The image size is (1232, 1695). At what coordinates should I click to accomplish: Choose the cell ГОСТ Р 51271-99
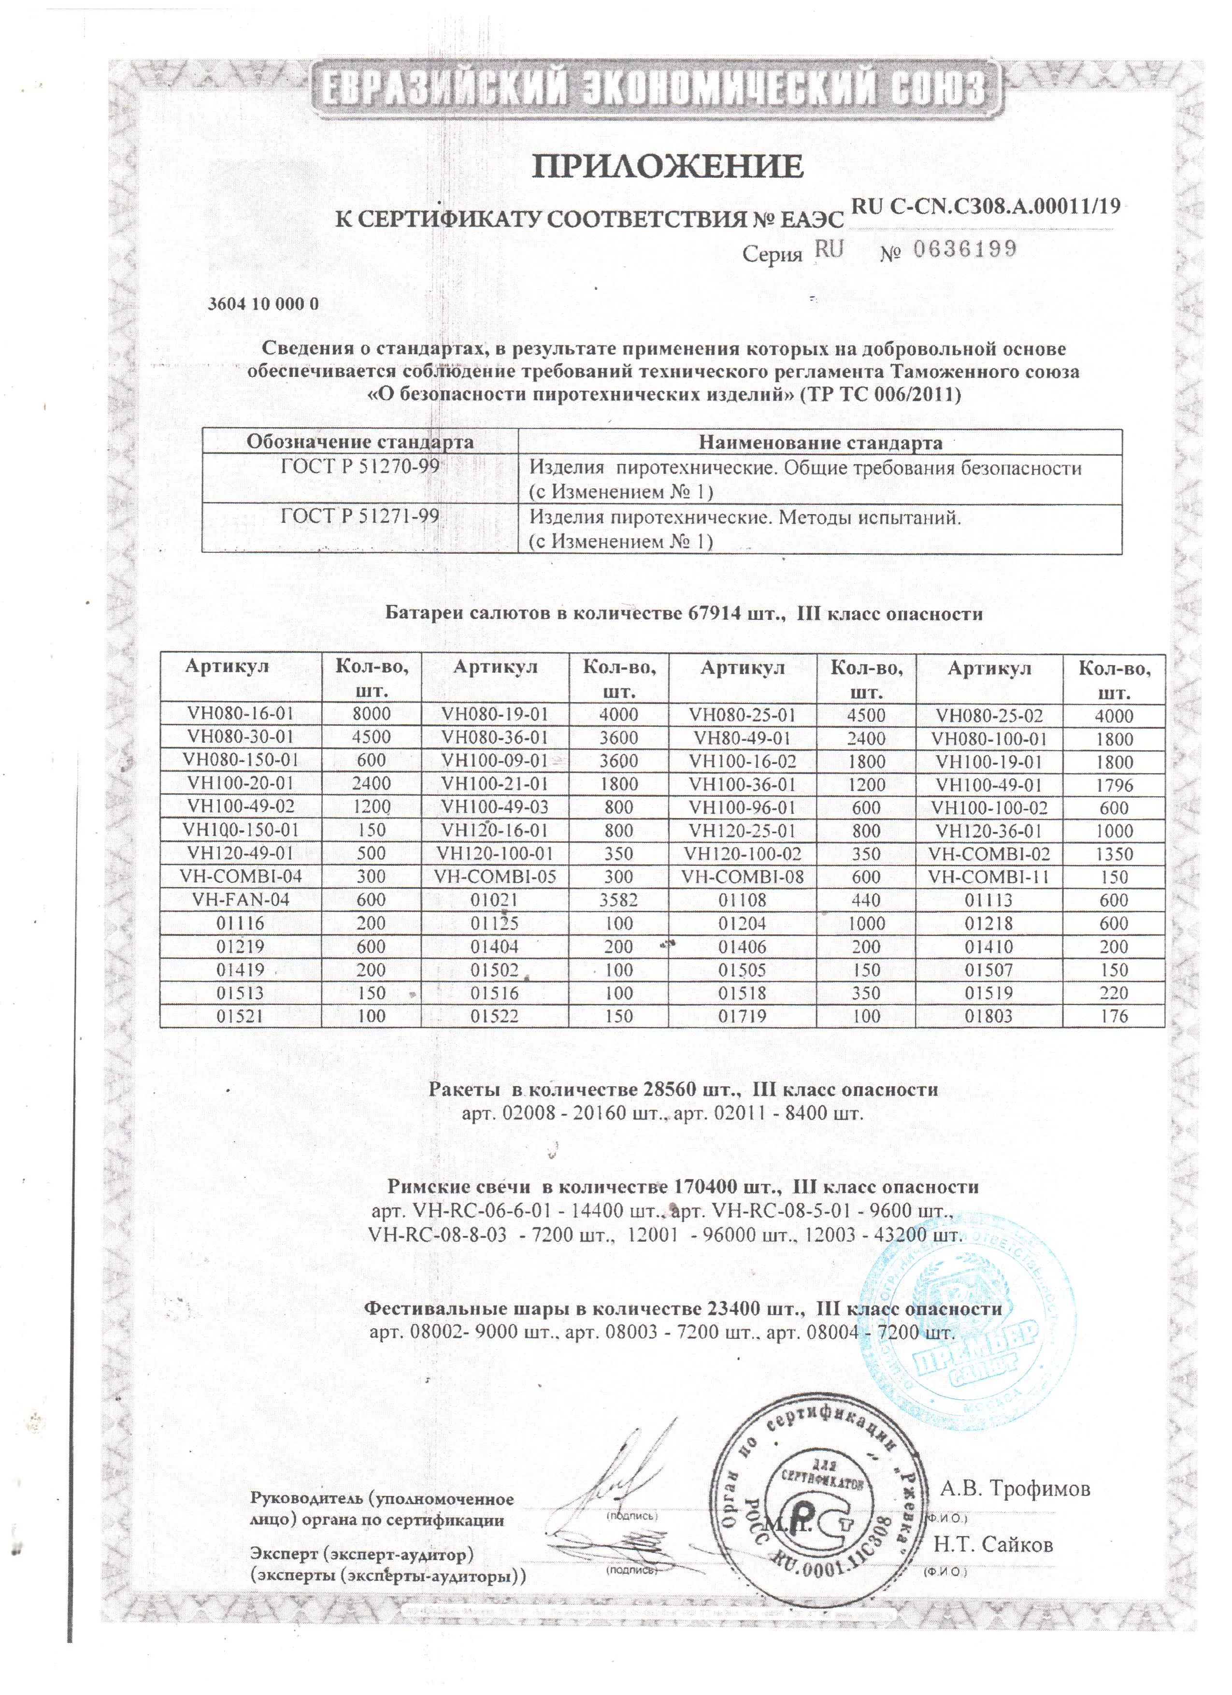359,517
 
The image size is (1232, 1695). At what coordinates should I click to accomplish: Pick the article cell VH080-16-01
241,715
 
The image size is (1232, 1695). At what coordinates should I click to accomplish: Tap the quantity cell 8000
372,715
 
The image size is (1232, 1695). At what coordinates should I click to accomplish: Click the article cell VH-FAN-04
241,900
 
